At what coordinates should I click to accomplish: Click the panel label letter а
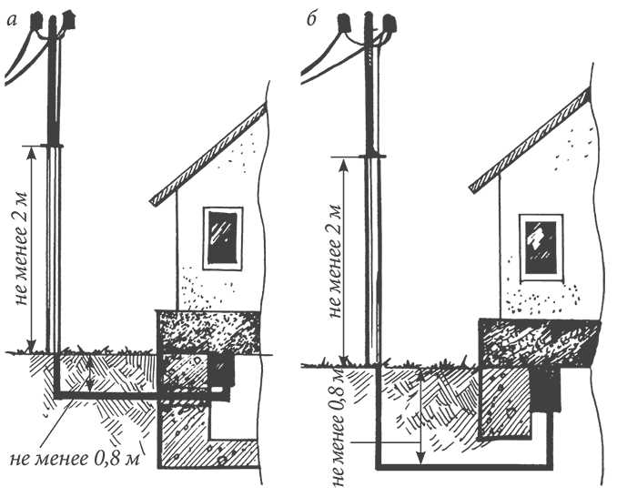[x=13, y=20]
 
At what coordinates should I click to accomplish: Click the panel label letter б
[x=311, y=19]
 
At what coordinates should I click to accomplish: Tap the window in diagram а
[x=223, y=238]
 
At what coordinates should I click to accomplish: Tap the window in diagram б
[x=541, y=248]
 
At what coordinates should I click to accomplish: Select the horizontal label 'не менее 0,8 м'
[x=75, y=459]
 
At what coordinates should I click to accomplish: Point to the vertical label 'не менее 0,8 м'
[x=338, y=428]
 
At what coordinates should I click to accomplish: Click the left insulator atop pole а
[x=36, y=21]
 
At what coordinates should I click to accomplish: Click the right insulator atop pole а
[x=68, y=20]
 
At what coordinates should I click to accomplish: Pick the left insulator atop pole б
[x=344, y=25]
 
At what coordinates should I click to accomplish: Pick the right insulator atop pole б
[x=390, y=25]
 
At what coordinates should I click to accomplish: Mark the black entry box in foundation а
[x=221, y=370]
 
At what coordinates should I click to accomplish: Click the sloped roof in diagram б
[x=531, y=138]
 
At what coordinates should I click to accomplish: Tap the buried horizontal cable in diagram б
[x=464, y=467]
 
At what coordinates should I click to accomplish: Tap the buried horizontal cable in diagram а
[x=142, y=395]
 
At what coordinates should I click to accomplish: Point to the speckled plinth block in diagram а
[x=207, y=331]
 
